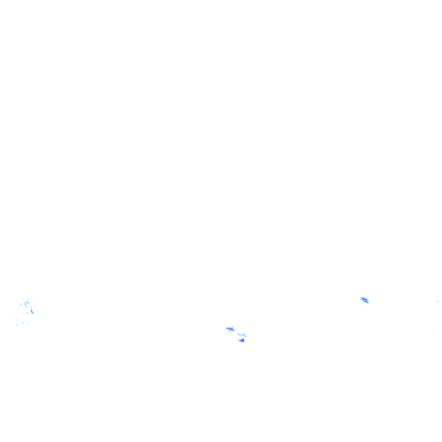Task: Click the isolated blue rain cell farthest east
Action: point(364,300)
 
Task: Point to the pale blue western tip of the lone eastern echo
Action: point(361,298)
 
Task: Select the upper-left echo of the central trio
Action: point(230,329)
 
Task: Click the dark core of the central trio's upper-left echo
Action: point(231,330)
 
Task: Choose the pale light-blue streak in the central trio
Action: point(241,335)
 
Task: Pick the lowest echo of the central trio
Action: point(241,341)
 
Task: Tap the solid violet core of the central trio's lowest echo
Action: point(242,341)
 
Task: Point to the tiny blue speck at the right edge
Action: point(438,301)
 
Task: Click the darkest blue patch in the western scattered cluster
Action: point(32,312)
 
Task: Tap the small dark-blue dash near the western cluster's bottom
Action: point(23,322)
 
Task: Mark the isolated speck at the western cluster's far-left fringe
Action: point(13,313)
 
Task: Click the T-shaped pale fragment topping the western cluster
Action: point(24,298)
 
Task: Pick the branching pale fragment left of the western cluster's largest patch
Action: point(21,304)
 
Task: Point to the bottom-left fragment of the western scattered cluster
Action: point(17,325)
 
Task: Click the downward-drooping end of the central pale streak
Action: point(245,336)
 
